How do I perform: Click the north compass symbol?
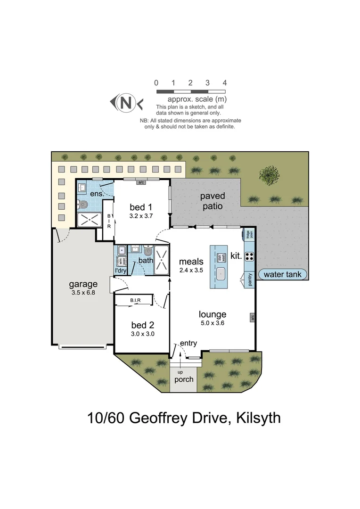126,102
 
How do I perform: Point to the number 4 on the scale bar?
225,83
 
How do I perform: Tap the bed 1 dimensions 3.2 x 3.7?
141,216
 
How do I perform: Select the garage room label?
83,284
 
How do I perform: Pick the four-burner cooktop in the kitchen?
249,257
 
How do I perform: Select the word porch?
183,379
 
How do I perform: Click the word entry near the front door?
188,343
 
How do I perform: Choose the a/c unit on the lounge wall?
252,317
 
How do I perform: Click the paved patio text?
213,201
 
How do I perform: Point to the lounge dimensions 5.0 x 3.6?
212,323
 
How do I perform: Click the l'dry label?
121,271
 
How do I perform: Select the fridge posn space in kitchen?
250,234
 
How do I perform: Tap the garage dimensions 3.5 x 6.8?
83,293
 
